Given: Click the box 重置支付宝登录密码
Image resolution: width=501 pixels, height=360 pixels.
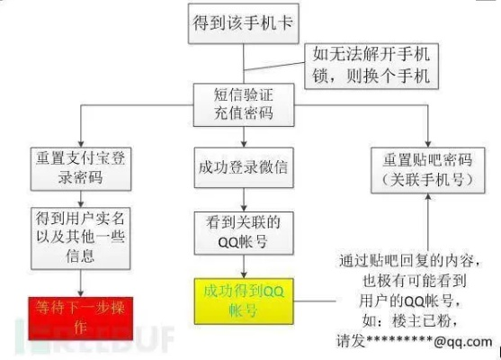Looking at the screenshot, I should click(x=80, y=166).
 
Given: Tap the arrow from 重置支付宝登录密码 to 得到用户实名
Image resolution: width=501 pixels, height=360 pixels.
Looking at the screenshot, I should click(x=80, y=198).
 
